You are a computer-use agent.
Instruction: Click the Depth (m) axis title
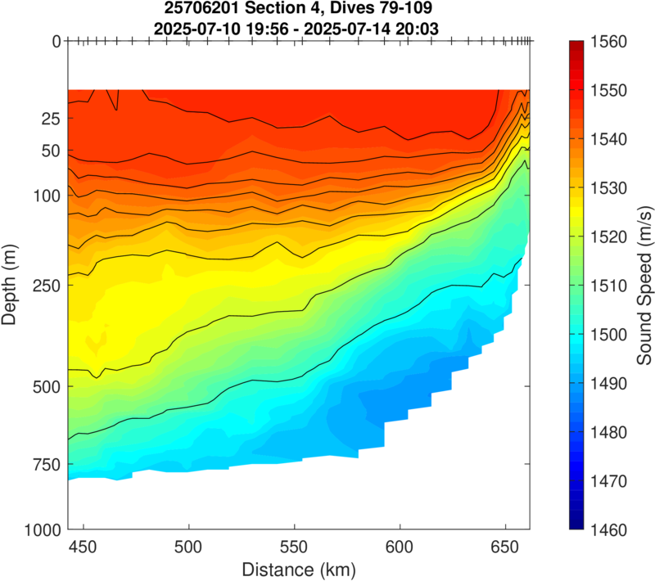11,285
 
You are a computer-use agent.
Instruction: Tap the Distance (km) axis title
299,567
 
